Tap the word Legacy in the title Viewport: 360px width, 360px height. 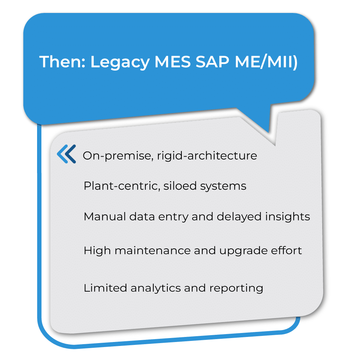120,62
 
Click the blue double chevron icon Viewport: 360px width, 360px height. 67,154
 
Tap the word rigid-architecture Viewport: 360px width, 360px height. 207,156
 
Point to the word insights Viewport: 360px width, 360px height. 288,217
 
